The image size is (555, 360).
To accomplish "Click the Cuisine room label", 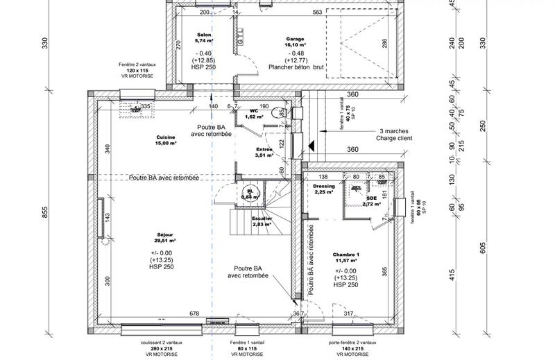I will [166, 137].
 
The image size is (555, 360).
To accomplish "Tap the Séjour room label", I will [166, 235].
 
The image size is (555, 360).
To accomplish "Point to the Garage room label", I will [295, 38].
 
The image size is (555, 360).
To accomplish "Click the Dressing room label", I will [324, 187].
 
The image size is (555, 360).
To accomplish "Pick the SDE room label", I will [372, 199].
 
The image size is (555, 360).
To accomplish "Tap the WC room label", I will [255, 109].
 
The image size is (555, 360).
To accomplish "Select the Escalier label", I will [262, 219].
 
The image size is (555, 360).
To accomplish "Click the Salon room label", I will [204, 34].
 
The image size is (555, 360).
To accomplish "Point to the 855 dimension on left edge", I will [46, 213].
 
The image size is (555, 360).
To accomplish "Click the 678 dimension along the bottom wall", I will [194, 314].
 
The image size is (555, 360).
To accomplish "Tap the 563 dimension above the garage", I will [318, 12].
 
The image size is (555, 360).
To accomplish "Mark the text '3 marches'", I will [394, 130].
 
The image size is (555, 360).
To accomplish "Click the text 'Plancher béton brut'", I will [299, 67].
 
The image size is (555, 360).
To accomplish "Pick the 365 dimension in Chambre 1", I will [384, 270].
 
